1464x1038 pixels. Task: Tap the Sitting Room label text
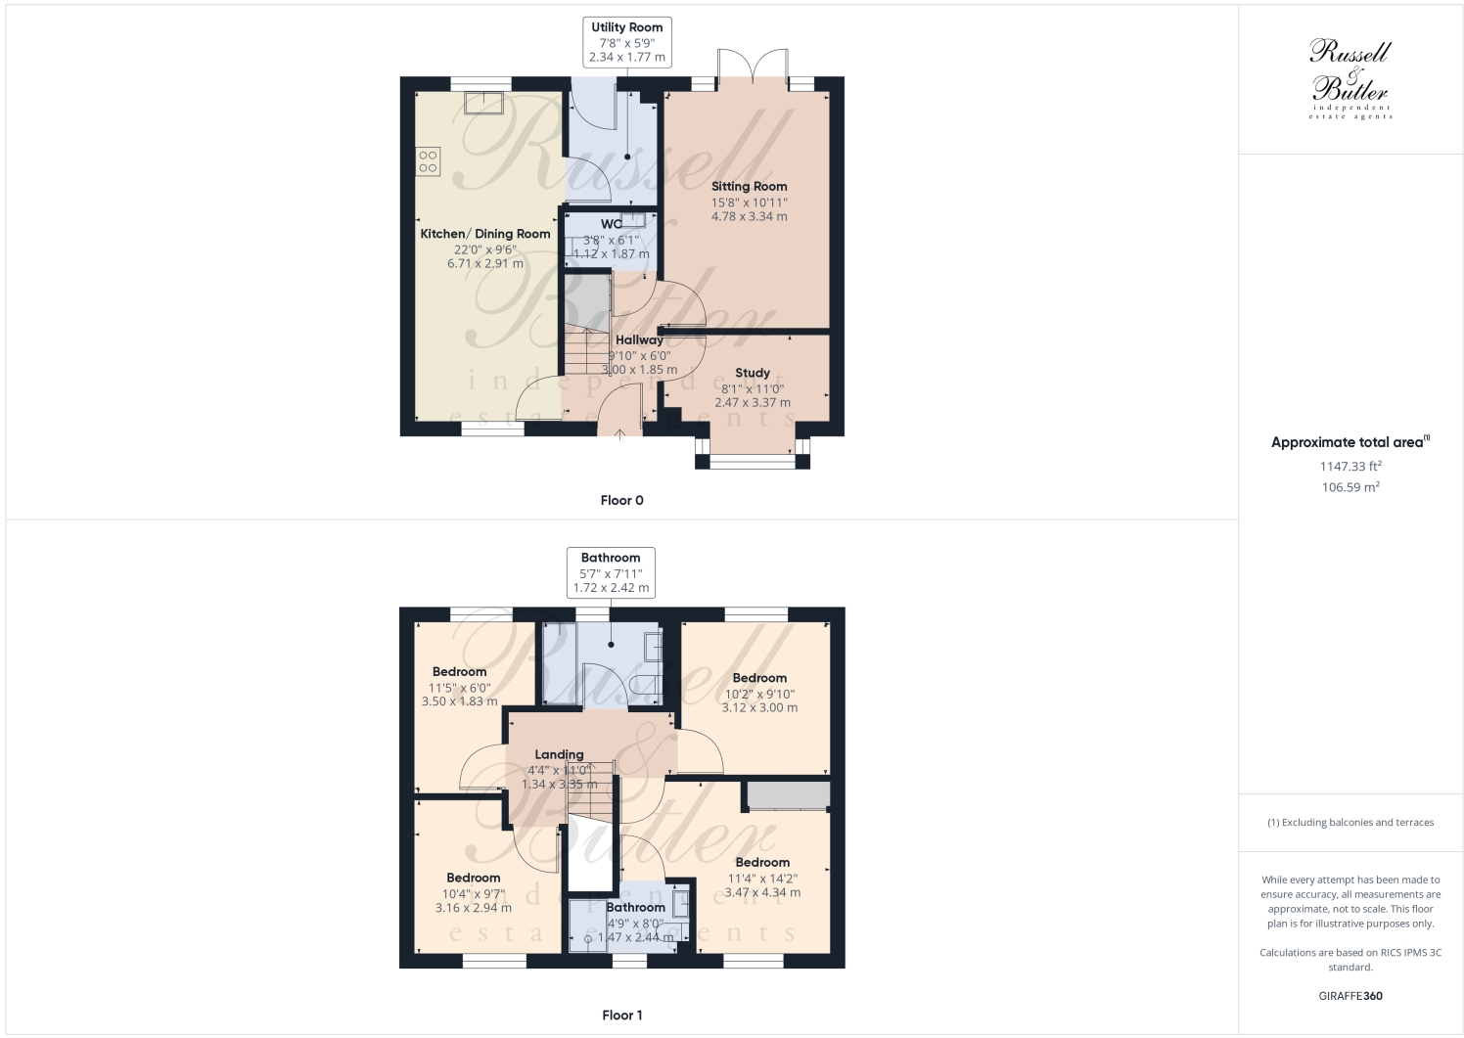(749, 186)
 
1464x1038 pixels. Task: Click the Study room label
(752, 373)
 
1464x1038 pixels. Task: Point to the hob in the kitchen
(428, 160)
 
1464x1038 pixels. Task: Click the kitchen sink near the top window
(484, 102)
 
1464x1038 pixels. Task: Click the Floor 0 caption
(621, 500)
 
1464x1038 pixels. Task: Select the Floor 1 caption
(621, 1015)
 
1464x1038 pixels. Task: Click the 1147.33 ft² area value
(1350, 467)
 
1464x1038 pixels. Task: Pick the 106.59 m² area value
(1350, 486)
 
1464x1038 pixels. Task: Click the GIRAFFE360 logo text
(1350, 996)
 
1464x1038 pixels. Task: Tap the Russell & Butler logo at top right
(1350, 78)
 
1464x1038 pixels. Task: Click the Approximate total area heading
(1350, 442)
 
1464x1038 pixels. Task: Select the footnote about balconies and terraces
(1350, 822)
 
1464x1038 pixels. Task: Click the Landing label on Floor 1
(559, 754)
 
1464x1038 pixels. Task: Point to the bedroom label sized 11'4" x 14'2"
(761, 862)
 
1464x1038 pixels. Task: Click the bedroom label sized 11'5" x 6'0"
(459, 672)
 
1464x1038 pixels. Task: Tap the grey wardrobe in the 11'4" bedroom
(788, 795)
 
